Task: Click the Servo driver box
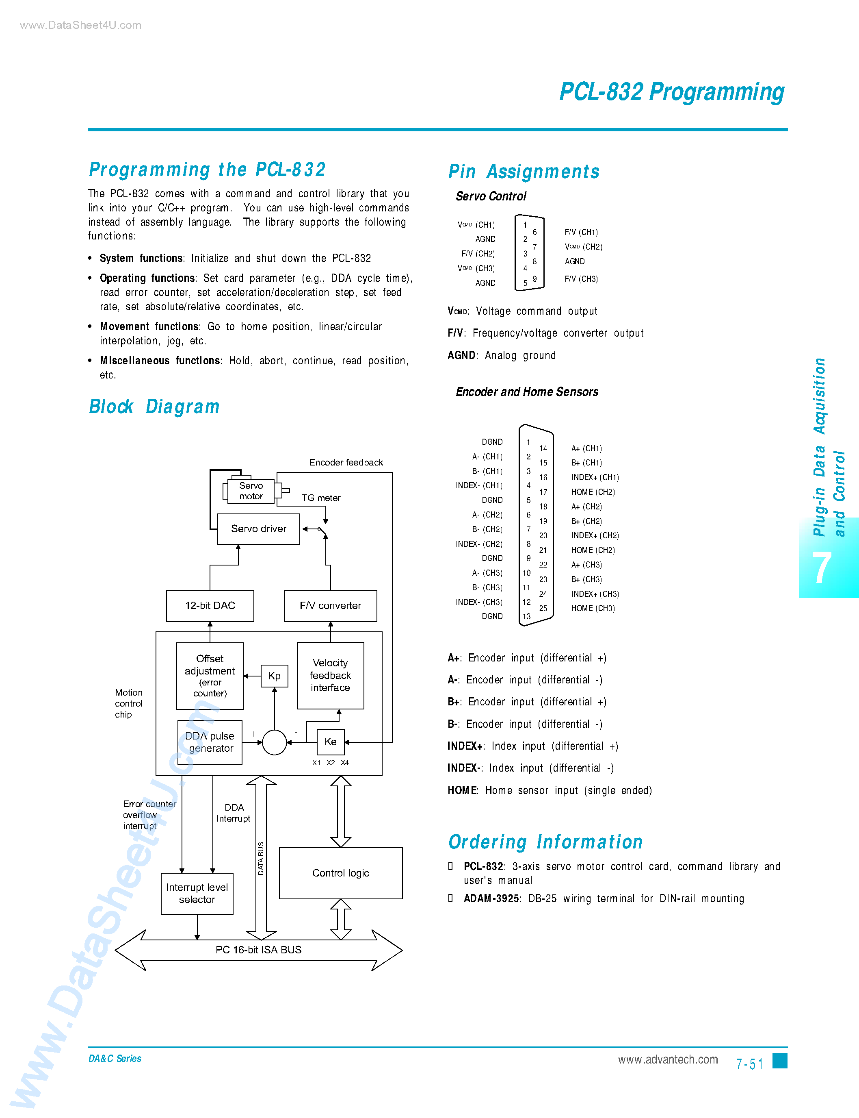click(x=258, y=529)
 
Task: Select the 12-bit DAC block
click(x=210, y=606)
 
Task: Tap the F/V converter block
click(x=330, y=606)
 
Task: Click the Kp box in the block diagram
click(x=274, y=676)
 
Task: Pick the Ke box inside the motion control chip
click(x=330, y=742)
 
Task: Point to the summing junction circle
click(x=274, y=742)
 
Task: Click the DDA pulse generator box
click(x=210, y=742)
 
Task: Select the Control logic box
click(x=340, y=873)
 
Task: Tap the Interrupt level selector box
click(x=197, y=893)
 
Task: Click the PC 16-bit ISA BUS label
click(x=258, y=950)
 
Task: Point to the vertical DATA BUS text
click(x=261, y=858)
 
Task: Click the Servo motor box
click(x=251, y=491)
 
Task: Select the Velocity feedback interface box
click(x=330, y=675)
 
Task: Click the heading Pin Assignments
click(x=524, y=172)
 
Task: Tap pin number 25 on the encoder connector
click(x=543, y=608)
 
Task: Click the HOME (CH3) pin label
click(x=593, y=608)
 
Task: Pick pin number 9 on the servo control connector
click(x=535, y=279)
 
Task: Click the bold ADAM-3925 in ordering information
click(x=491, y=898)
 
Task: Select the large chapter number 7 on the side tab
click(x=822, y=568)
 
